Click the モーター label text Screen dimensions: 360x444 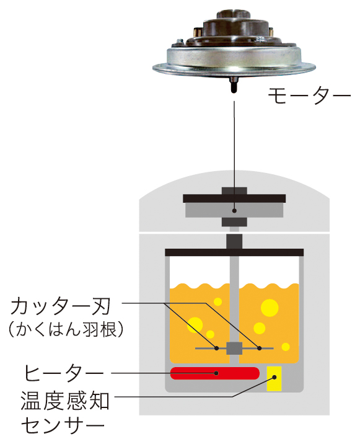tap(309, 95)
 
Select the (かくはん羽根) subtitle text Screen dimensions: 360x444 tap(66, 329)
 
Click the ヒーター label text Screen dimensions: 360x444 tap(64, 373)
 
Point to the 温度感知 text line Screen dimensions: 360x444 tap(65, 401)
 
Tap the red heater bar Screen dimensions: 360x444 tap(215, 373)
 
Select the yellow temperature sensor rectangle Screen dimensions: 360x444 tap(274, 379)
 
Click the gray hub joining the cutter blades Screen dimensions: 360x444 tap(234, 349)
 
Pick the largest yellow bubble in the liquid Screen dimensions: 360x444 tap(270, 308)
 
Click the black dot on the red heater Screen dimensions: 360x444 tap(216, 373)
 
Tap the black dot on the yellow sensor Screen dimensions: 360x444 tap(274, 377)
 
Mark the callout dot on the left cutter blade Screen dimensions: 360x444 tap(217, 348)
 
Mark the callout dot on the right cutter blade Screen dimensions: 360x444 tap(259, 348)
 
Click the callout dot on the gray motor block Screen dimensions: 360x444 tap(234, 211)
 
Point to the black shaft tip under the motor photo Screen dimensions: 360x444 tap(234, 89)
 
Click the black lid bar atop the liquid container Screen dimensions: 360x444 tap(234, 252)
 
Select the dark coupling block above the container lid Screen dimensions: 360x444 tap(234, 242)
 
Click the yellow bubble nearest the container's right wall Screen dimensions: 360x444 tap(286, 347)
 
